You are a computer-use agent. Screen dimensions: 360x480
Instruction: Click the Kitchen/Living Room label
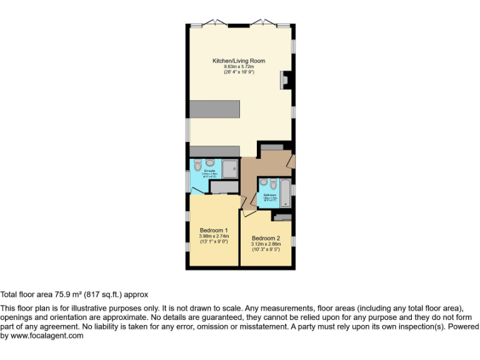(x=239, y=61)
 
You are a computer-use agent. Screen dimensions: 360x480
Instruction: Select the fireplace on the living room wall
(x=286, y=80)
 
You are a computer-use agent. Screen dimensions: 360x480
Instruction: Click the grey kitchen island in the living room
(x=215, y=109)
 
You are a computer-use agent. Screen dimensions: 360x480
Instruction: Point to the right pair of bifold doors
(x=264, y=22)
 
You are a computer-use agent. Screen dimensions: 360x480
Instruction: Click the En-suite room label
(x=209, y=171)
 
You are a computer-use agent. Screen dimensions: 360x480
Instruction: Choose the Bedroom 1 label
(x=213, y=230)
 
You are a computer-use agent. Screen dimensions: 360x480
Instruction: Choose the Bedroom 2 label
(x=266, y=238)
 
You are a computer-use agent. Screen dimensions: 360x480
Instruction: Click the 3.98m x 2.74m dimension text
(x=213, y=236)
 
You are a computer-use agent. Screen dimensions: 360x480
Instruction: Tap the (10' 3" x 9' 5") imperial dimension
(x=266, y=249)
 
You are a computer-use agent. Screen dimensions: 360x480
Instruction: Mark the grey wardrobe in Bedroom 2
(x=282, y=217)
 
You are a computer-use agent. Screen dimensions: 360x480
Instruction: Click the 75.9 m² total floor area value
(x=71, y=294)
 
